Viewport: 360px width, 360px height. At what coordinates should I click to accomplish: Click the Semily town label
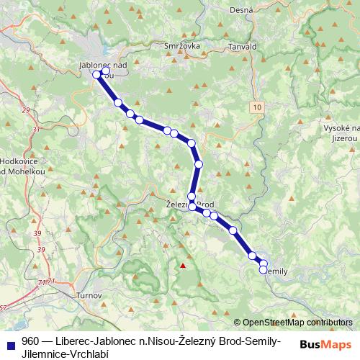[x=276, y=271]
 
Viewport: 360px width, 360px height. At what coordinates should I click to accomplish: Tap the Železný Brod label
[x=190, y=204]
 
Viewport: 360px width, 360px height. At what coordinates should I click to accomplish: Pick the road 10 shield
[x=258, y=107]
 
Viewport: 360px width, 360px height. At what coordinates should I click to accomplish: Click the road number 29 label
[x=27, y=110]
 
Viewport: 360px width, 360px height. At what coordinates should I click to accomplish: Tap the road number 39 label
[x=40, y=248]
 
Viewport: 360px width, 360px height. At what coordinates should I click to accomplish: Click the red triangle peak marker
[x=183, y=265]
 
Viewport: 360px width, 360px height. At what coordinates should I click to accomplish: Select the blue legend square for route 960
[x=9, y=341]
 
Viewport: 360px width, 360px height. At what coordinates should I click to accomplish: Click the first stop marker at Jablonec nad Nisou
[x=96, y=73]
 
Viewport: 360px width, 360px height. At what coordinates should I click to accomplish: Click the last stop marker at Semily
[x=263, y=269]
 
